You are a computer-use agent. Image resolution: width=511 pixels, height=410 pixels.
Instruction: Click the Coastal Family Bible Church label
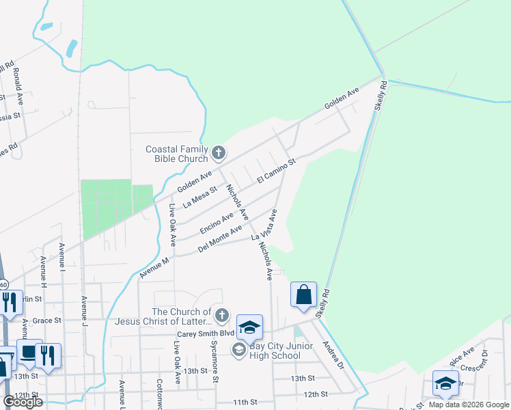click(177, 154)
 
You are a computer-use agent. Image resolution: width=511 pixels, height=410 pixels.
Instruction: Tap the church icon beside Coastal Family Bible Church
click(218, 152)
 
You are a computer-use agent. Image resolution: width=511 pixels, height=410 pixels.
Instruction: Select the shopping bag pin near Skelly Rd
click(303, 295)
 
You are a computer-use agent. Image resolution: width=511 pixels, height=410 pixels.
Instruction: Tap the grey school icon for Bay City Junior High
click(238, 350)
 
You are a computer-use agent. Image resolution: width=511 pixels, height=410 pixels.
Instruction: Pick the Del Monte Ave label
click(219, 240)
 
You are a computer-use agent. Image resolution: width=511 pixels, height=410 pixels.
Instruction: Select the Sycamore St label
click(214, 361)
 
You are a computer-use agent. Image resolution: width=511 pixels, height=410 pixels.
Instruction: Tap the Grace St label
click(47, 320)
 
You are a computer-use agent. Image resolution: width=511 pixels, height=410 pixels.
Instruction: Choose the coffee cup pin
click(28, 352)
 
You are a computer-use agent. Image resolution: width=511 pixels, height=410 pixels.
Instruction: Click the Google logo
click(23, 401)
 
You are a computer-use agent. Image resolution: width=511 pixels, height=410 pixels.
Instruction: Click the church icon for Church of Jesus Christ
click(221, 315)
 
